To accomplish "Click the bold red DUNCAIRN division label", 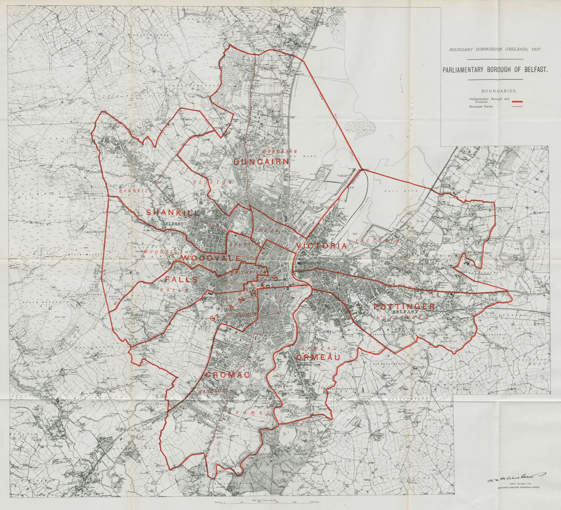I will pos(262,162).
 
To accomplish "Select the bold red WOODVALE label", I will pos(211,258).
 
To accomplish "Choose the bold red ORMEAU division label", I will pos(318,357).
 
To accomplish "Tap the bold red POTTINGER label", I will pos(404,307).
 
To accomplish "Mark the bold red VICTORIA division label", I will pos(322,246).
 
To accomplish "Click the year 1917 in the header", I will pos(534,49).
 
